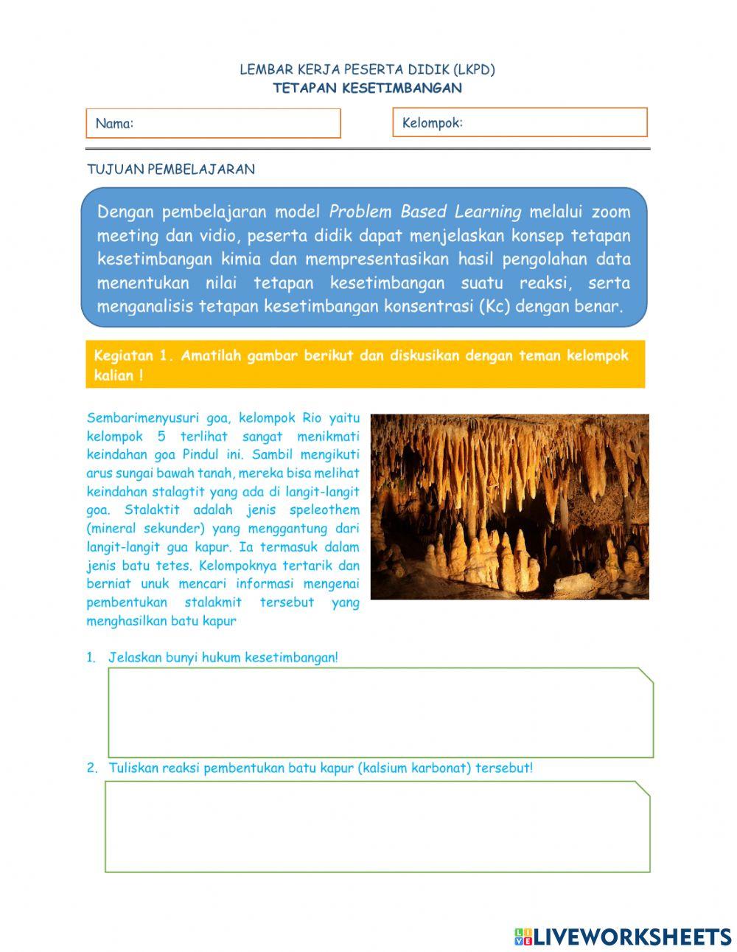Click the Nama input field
pyautogui.click(x=214, y=123)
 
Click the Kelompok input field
pyautogui.click(x=520, y=122)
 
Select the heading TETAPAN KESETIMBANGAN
pyautogui.click(x=367, y=88)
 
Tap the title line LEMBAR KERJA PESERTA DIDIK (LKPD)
pyautogui.click(x=367, y=70)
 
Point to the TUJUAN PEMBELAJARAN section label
pyautogui.click(x=171, y=169)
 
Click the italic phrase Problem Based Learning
pyautogui.click(x=425, y=212)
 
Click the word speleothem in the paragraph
pyautogui.click(x=324, y=510)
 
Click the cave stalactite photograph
pyautogui.click(x=509, y=506)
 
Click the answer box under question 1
pyautogui.click(x=380, y=712)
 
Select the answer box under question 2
pyautogui.click(x=377, y=827)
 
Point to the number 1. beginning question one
pyautogui.click(x=91, y=658)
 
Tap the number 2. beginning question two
pyautogui.click(x=92, y=768)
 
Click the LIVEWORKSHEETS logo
pyautogui.click(x=623, y=937)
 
